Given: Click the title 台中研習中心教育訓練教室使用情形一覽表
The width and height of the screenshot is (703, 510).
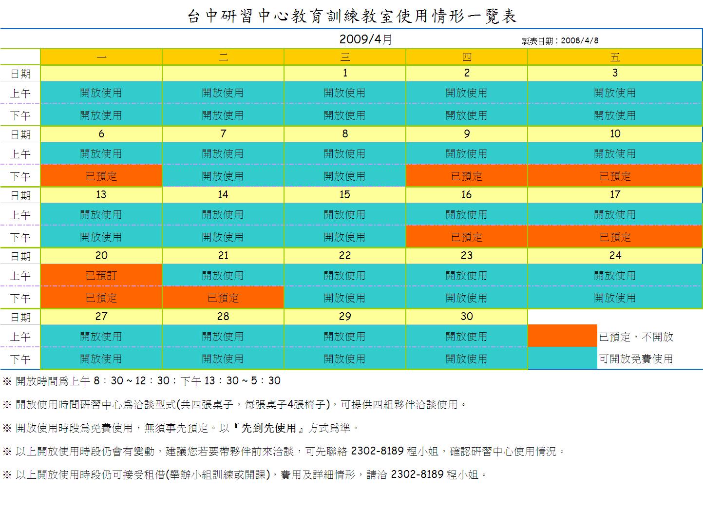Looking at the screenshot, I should (352, 17).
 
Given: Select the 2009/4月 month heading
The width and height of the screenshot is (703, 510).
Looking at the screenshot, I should (365, 39).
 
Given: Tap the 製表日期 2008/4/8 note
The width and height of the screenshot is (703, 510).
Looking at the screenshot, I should (560, 41).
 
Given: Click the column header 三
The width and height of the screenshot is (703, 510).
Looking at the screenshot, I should (345, 57).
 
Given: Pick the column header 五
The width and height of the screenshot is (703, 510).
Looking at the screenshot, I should (615, 57).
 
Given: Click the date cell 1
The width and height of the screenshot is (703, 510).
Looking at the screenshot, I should (345, 73).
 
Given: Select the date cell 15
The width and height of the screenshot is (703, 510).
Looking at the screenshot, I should (345, 195).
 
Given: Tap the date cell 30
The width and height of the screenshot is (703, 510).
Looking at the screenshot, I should (467, 317).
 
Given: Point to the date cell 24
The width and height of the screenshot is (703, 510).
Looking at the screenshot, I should (615, 256).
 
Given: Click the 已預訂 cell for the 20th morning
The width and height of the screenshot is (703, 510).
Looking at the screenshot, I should (101, 276).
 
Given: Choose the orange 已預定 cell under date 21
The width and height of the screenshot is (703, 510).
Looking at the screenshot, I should (223, 298).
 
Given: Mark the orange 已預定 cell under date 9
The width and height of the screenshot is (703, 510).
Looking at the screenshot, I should (467, 176).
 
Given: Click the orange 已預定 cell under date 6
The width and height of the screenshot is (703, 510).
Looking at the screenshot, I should (101, 176).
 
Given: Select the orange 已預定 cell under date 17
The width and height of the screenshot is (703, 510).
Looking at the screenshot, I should (615, 237).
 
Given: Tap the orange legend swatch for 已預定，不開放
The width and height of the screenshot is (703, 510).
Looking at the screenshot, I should (563, 336).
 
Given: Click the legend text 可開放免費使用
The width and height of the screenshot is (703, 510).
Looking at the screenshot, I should (636, 359).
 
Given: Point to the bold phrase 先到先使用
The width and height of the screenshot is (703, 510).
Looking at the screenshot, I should (269, 428).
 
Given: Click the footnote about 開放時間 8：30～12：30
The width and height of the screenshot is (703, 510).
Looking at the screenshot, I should (142, 381).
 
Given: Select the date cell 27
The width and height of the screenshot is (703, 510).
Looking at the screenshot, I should (101, 317).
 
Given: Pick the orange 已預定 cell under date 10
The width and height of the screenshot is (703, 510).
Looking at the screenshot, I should (615, 176).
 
